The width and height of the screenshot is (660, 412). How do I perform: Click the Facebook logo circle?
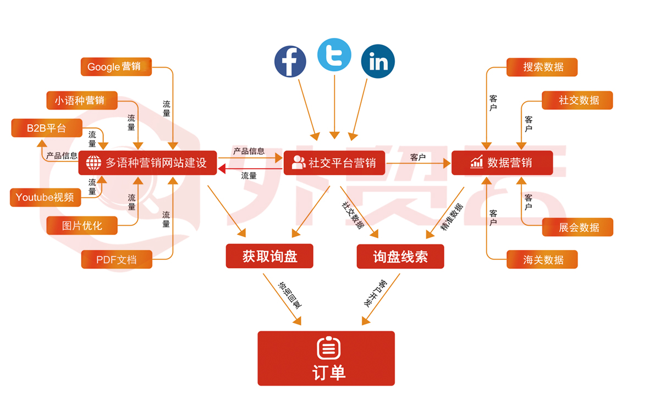coord(290,61)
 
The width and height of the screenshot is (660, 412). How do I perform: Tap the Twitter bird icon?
coord(334,55)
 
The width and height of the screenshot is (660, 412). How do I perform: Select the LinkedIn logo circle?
coord(378,62)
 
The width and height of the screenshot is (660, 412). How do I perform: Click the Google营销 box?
coord(116,66)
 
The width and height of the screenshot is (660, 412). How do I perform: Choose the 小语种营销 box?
coord(82,101)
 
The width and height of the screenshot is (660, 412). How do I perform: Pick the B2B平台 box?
coord(47,128)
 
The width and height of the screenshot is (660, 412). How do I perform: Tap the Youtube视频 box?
coord(46,197)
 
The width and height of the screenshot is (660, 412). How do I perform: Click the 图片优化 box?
coord(82,225)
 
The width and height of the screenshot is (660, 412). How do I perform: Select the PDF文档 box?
coord(117,259)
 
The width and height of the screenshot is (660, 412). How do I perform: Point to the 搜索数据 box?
coord(542,67)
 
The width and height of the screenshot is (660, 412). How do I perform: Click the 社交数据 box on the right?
coord(577,101)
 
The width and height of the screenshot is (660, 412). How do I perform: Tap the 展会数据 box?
coord(577,227)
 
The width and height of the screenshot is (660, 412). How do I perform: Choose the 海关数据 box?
coord(542,259)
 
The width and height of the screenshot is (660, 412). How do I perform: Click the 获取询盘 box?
coord(269,256)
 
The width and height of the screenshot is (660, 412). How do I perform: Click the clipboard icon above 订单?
coord(328,348)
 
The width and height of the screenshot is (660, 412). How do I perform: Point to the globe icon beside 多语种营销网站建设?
coord(94,163)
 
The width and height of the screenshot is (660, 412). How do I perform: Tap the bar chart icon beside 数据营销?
coord(476,162)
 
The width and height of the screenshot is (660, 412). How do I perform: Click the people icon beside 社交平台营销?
coord(299,163)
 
